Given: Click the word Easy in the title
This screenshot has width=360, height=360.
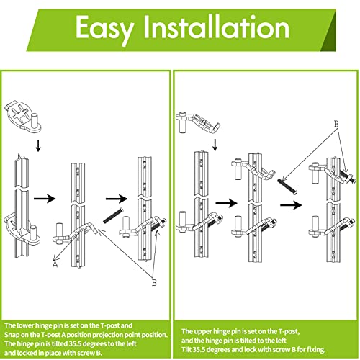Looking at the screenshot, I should click(x=109, y=30).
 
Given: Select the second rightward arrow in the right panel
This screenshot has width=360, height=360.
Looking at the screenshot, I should click(x=292, y=204).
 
